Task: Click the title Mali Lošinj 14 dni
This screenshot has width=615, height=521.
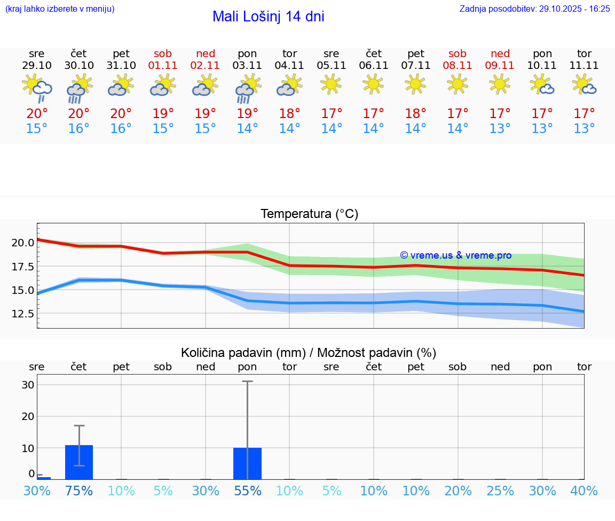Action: click(x=268, y=17)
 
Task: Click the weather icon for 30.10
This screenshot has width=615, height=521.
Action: click(x=79, y=89)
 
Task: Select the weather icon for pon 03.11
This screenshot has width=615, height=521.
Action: click(x=248, y=89)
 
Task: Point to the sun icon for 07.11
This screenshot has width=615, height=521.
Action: click(x=416, y=84)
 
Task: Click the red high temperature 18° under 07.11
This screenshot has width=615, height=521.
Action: click(x=416, y=114)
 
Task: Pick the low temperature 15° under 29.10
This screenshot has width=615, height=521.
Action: click(x=37, y=129)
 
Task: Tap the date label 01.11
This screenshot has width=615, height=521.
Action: click(x=163, y=66)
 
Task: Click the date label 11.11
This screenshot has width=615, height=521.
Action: click(x=585, y=66)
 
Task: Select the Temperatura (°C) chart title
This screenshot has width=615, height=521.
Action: click(x=309, y=214)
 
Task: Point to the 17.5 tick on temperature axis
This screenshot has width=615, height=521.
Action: click(x=23, y=267)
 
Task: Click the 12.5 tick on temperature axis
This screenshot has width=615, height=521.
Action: click(x=23, y=314)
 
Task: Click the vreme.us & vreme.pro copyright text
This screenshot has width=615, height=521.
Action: click(x=455, y=255)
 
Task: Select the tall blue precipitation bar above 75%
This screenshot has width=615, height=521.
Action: click(x=79, y=462)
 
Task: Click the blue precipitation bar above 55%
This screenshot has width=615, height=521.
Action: click(x=247, y=463)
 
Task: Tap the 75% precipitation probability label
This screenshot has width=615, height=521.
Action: click(x=79, y=491)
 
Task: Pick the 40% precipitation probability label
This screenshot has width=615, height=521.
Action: click(x=584, y=491)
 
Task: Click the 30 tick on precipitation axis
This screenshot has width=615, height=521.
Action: click(x=28, y=385)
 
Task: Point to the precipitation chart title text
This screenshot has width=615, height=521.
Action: click(x=309, y=353)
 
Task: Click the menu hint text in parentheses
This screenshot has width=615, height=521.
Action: click(x=60, y=9)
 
